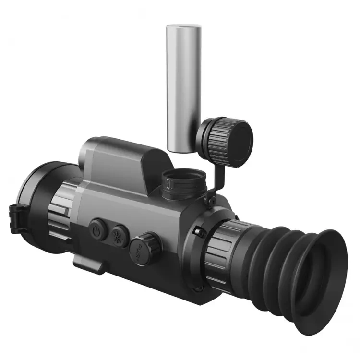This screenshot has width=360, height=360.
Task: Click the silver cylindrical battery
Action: (183, 86)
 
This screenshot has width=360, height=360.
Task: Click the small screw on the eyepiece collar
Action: (200, 232)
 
